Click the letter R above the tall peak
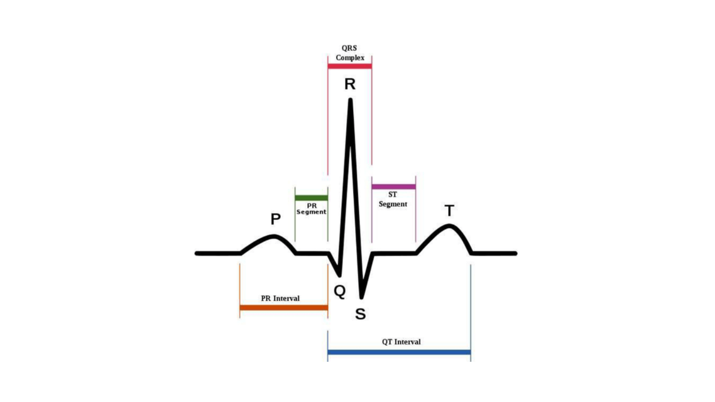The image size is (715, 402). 350,84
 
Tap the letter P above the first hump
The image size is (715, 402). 275,219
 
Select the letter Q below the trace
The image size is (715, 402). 339,291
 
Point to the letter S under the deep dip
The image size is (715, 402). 360,314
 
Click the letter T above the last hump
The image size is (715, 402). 449,211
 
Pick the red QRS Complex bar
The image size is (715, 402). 349,66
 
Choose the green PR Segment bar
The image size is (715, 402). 311,198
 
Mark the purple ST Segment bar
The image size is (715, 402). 393,187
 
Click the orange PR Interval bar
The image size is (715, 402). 283,308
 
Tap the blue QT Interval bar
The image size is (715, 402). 399,352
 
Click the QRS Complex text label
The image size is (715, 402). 350,53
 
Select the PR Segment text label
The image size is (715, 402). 312,209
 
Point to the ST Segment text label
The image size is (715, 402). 393,200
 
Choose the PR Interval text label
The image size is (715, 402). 280,298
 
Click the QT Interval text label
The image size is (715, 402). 401,342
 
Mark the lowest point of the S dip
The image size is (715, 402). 362,296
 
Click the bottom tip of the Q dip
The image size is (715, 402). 340,275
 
